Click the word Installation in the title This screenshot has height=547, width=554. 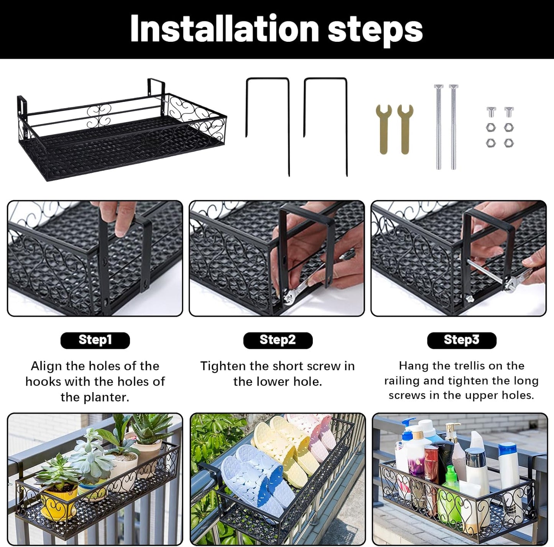[x=224, y=29]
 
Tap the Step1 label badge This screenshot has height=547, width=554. [x=95, y=340]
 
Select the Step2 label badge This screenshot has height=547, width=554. [x=278, y=340]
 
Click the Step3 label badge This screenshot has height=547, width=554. [x=462, y=340]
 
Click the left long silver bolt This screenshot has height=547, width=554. [x=438, y=126]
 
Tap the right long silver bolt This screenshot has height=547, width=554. [x=453, y=126]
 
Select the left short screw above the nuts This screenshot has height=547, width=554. [x=491, y=112]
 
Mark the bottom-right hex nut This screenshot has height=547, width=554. [x=508, y=143]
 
